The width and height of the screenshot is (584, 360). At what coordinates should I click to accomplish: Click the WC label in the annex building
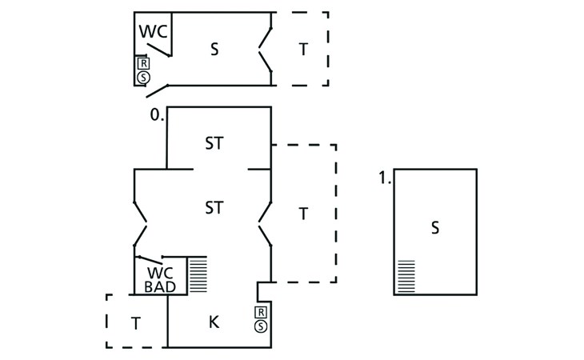pyautogui.click(x=154, y=32)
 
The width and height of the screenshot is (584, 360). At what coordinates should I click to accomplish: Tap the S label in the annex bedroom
pyautogui.click(x=214, y=49)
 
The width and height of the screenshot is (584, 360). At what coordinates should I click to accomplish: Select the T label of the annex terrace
pyautogui.click(x=302, y=49)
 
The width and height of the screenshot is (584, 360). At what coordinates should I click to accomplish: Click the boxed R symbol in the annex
pyautogui.click(x=143, y=63)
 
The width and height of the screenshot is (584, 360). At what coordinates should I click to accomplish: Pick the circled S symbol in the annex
pyautogui.click(x=143, y=77)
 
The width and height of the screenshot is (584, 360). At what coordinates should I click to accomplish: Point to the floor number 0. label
pyautogui.click(x=156, y=115)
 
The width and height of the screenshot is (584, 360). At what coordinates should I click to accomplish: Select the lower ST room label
pyautogui.click(x=214, y=208)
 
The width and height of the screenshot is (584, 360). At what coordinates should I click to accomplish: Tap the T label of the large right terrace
pyautogui.click(x=302, y=214)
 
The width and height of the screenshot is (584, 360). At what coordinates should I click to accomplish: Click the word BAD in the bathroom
pyautogui.click(x=161, y=286)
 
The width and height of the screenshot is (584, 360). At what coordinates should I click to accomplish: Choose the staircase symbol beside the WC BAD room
pyautogui.click(x=198, y=274)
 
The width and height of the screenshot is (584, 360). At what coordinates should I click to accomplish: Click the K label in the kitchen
pyautogui.click(x=214, y=322)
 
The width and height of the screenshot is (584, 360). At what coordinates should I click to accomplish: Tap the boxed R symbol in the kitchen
pyautogui.click(x=261, y=312)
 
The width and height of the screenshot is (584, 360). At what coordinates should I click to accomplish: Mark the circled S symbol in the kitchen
pyautogui.click(x=261, y=326)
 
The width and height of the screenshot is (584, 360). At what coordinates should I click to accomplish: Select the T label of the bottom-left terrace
pyautogui.click(x=136, y=323)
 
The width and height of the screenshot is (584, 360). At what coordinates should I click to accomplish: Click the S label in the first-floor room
pyautogui.click(x=435, y=228)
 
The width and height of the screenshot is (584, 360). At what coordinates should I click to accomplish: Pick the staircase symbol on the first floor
pyautogui.click(x=406, y=276)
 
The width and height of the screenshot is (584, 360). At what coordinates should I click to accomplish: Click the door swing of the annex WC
pyautogui.click(x=158, y=48)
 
